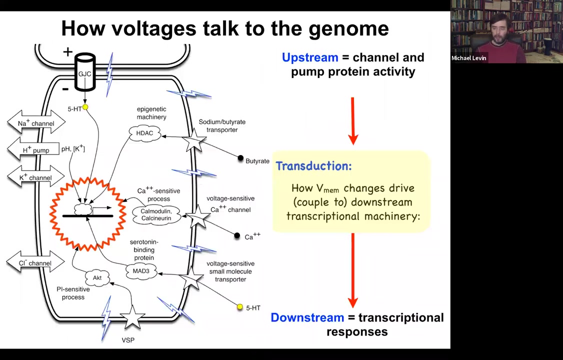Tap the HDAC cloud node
(x=144, y=133)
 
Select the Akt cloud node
(x=97, y=277)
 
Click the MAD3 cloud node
(x=141, y=271)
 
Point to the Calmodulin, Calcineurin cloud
(x=156, y=214)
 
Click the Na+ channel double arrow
(x=36, y=123)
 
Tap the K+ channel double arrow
(x=36, y=177)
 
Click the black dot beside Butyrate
(x=240, y=158)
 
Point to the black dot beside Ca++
(x=237, y=235)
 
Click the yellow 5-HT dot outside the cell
(x=240, y=307)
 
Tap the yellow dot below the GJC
(x=85, y=107)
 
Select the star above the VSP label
(x=132, y=317)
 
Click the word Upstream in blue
(x=310, y=57)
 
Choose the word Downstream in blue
(x=307, y=317)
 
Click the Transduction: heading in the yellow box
(x=313, y=166)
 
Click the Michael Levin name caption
(x=468, y=58)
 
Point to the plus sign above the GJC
(x=68, y=51)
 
